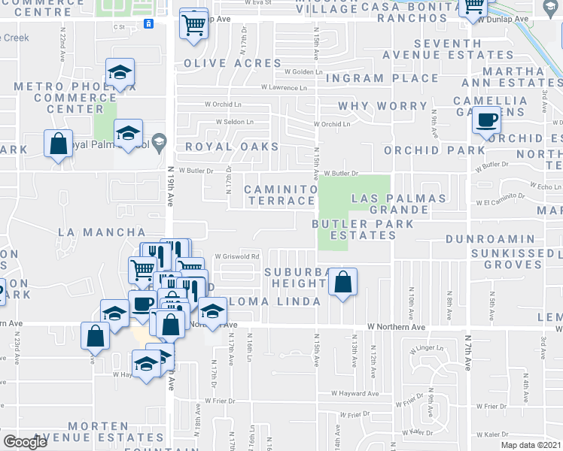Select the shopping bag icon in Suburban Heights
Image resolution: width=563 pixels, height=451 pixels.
coord(342,283)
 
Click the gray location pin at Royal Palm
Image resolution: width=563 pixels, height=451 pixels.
coord(158,141)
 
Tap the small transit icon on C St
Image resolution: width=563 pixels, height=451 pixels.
coord(149,23)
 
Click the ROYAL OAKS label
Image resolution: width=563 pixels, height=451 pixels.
coord(232,147)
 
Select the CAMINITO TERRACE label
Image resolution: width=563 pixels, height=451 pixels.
coord(280,195)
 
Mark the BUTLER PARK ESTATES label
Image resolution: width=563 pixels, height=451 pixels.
coord(364,229)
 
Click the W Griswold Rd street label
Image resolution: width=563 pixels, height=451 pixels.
coord(237,256)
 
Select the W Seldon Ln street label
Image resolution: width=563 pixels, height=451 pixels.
coord(239,122)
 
